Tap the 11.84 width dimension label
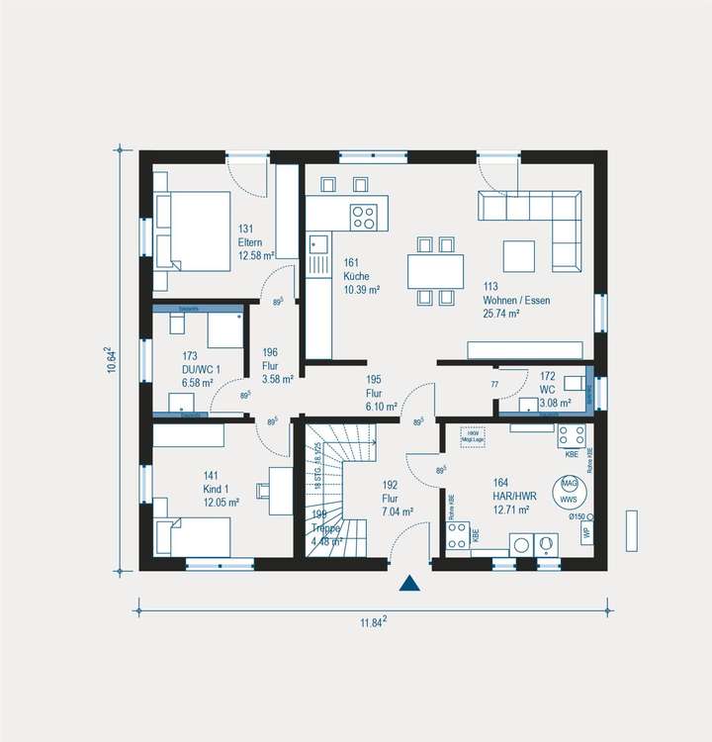[x=373, y=621]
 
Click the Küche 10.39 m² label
[x=362, y=276]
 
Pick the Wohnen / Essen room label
[x=516, y=300]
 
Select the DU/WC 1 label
[x=201, y=370]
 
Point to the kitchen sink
[x=318, y=243]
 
